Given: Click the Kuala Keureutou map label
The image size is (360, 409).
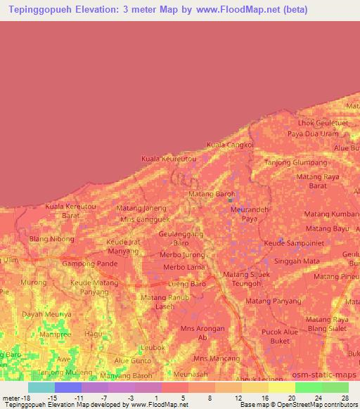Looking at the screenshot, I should click(169, 159).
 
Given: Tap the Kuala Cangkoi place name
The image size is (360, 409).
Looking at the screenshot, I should click(229, 145).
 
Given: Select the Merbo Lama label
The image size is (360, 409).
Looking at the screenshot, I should click(181, 267).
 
